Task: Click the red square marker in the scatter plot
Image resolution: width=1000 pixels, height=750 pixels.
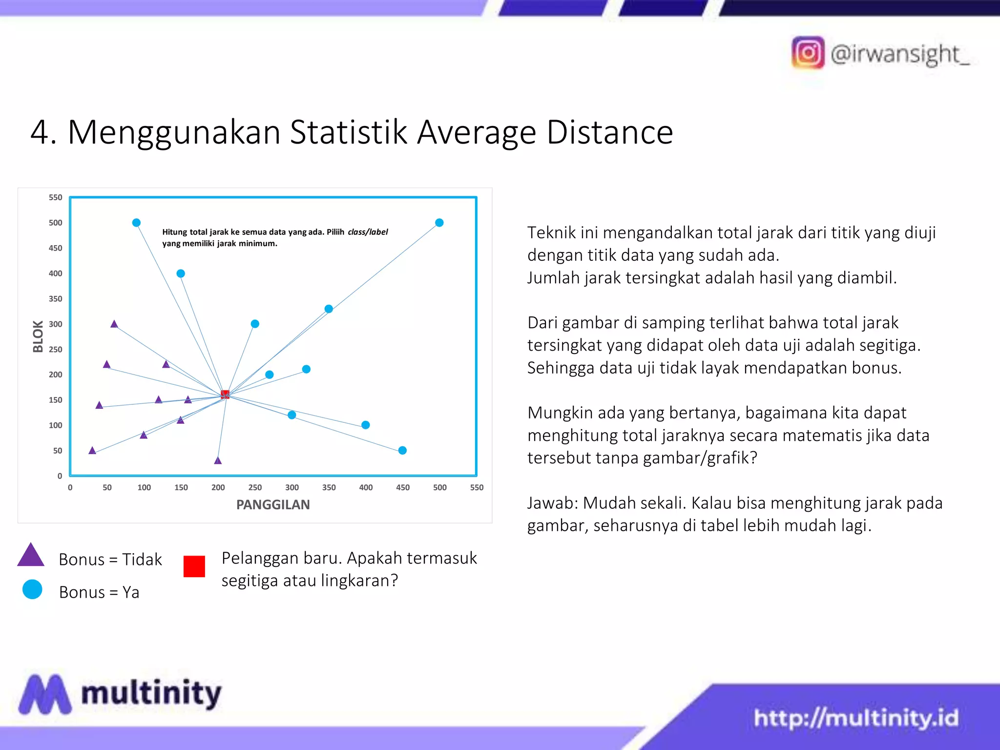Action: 225,395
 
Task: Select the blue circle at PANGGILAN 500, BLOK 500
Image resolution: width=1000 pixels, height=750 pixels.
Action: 439,223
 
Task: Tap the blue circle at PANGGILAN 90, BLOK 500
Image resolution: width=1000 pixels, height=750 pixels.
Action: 137,223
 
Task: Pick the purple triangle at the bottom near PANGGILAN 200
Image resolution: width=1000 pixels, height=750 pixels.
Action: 218,460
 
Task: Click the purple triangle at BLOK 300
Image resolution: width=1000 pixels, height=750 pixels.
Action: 114,324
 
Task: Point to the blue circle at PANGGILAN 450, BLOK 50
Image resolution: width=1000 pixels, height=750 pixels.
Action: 402,450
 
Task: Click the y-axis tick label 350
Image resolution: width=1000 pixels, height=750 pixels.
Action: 55,299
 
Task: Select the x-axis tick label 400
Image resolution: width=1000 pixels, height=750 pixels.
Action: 366,487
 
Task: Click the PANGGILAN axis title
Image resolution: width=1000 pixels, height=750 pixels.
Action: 273,505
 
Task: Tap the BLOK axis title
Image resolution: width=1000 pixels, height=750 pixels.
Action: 38,336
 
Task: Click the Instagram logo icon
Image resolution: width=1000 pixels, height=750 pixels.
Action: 808,53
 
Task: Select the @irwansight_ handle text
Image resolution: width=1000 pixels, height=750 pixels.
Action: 899,54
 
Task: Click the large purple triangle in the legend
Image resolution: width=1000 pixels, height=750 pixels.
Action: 31,556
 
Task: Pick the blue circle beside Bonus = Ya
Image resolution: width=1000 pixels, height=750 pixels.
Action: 32,589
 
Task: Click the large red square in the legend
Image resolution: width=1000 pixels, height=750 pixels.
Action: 194,566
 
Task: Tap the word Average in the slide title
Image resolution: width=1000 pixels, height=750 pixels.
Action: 477,132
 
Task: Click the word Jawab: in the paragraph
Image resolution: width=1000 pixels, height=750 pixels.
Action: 553,503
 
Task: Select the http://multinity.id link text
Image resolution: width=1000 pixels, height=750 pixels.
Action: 856,718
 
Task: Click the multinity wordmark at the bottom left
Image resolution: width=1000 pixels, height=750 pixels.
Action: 151,693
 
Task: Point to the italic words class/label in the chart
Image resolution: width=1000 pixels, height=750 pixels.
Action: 368,232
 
